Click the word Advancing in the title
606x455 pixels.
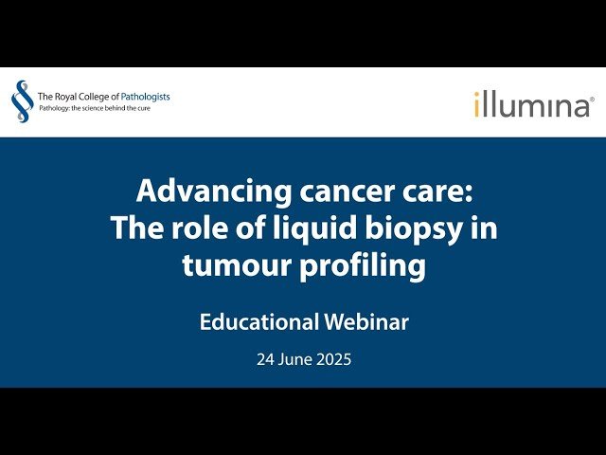point(195,191)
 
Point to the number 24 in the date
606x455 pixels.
point(265,360)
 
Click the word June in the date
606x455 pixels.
point(295,360)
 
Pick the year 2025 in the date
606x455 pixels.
point(333,360)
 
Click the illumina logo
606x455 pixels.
point(533,103)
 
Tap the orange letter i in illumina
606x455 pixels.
point(478,103)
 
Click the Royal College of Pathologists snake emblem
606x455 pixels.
point(21,101)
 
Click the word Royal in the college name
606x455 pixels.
point(69,96)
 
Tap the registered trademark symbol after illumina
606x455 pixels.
point(592,98)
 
